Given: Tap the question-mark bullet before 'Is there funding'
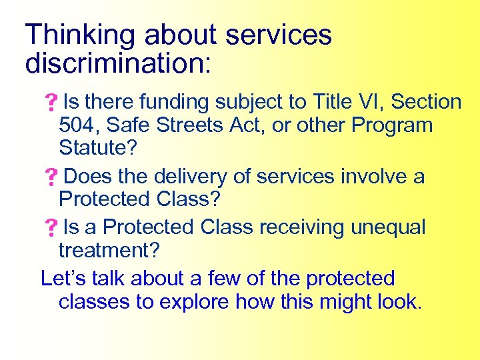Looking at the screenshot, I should point(50,103).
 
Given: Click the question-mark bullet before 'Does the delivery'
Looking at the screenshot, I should point(50,178).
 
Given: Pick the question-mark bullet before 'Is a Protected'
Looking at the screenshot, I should point(50,229).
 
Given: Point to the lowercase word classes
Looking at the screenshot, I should point(94,302).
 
